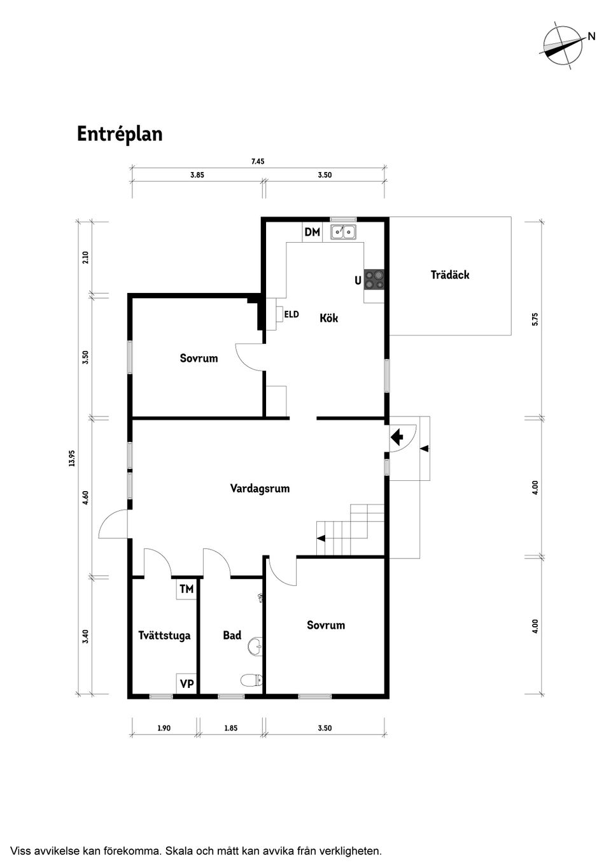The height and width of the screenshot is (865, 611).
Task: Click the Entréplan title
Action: [120, 134]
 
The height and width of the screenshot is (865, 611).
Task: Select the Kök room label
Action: [328, 318]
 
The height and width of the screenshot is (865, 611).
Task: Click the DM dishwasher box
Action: [312, 232]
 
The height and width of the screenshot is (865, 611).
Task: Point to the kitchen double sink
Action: [344, 232]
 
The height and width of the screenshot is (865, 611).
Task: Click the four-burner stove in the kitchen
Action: [374, 280]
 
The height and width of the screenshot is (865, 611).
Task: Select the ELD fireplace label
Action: [291, 314]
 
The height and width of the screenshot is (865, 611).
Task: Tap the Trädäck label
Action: [450, 275]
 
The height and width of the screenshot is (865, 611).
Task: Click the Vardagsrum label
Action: [260, 489]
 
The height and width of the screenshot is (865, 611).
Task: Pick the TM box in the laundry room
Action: [186, 589]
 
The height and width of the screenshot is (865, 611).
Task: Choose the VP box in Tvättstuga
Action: [186, 684]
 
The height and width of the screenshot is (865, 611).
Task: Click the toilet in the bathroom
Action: [253, 680]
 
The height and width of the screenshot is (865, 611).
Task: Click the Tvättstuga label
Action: [164, 635]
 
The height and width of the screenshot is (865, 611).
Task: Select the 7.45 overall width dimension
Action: [258, 162]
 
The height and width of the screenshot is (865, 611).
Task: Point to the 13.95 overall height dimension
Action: [72, 458]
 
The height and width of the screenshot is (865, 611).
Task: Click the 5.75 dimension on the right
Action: [535, 318]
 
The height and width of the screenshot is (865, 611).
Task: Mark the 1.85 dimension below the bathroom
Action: [230, 728]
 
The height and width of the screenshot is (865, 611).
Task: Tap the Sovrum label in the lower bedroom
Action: [326, 625]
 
